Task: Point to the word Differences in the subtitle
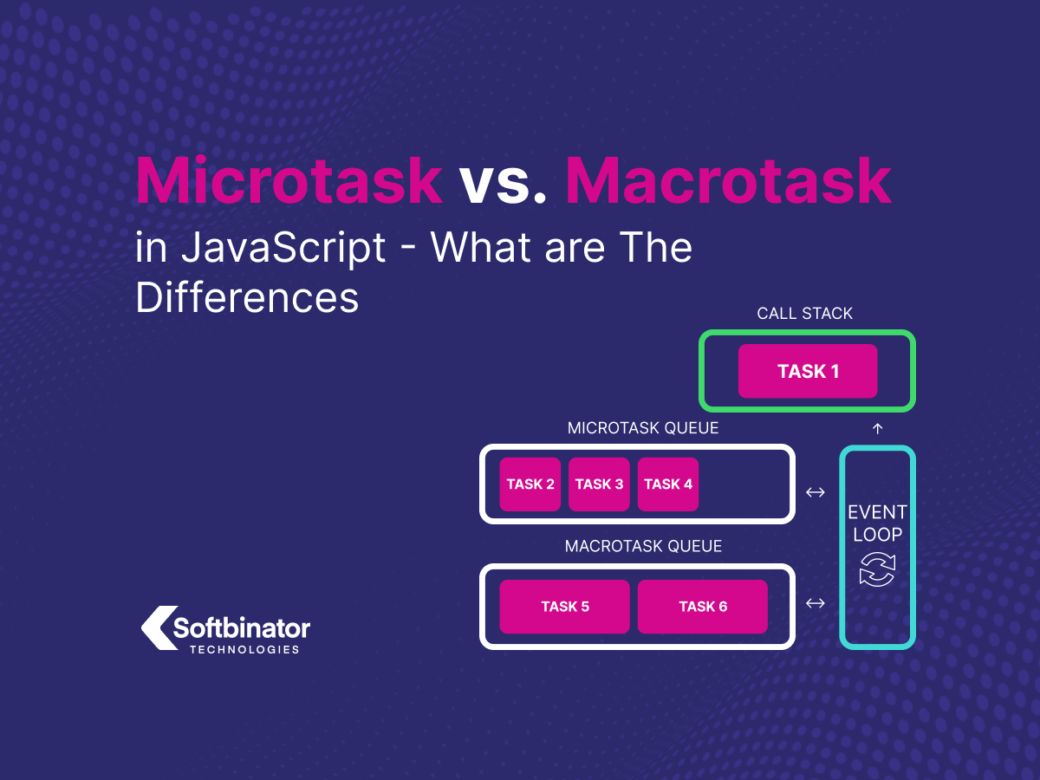tap(247, 298)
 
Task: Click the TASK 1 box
tap(808, 372)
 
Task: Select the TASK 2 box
tap(530, 484)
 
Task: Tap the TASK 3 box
tap(599, 484)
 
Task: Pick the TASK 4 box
tap(668, 484)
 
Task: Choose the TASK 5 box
tap(564, 607)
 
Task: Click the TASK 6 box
tap(703, 607)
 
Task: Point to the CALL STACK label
tap(804, 314)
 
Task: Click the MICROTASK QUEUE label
tap(642, 428)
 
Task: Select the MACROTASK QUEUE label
tap(643, 547)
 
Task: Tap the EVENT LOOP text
tap(877, 523)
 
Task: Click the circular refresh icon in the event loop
tap(877, 569)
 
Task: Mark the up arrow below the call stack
tap(877, 428)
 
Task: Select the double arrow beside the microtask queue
tap(815, 492)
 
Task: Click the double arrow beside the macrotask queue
tap(815, 603)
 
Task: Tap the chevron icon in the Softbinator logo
tap(157, 627)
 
